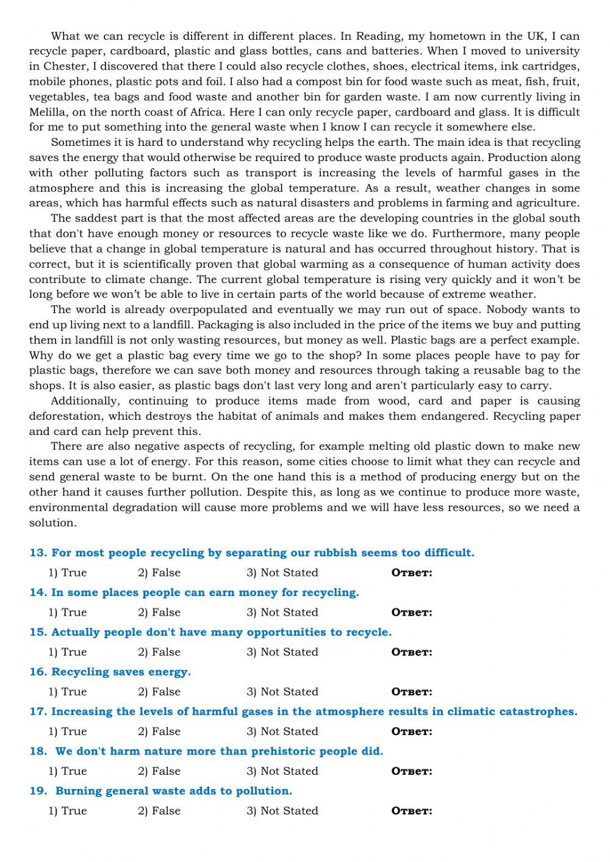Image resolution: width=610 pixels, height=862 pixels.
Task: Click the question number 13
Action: click(x=38, y=553)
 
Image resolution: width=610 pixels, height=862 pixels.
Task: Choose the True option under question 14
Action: click(x=68, y=612)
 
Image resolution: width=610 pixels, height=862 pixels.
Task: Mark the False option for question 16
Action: click(x=159, y=691)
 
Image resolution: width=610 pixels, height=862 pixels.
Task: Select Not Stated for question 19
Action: click(x=282, y=810)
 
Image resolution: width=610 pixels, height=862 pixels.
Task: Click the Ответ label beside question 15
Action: click(x=412, y=652)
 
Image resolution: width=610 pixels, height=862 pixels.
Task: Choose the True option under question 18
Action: click(x=68, y=770)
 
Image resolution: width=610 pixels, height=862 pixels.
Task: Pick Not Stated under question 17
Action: click(x=282, y=731)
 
